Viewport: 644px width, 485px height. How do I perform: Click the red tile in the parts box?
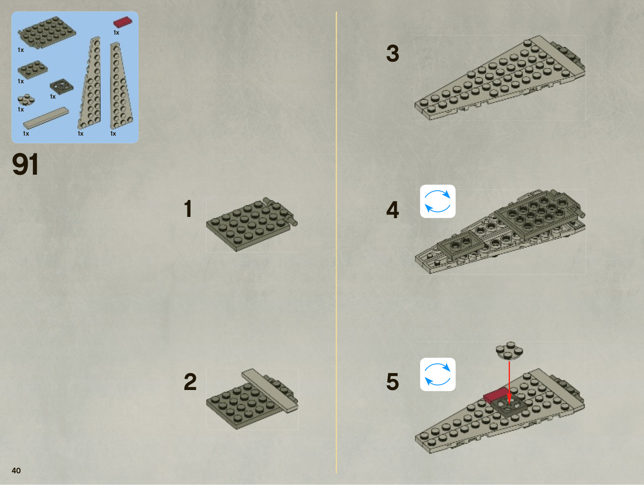pos(122,22)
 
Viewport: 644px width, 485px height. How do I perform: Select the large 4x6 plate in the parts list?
pos(47,32)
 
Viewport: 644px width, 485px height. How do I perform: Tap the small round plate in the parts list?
pos(26,99)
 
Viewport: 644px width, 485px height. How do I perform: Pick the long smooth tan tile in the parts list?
pos(45,118)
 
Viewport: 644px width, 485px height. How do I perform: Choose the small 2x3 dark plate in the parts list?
pos(32,69)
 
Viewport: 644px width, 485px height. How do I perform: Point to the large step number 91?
pos(25,164)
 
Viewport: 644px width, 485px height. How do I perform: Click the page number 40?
pos(16,471)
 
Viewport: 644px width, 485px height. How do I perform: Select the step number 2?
pos(190,382)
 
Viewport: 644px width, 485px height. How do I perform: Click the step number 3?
pos(392,53)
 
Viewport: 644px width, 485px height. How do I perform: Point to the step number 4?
pos(392,210)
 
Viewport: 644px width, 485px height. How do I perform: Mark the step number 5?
pos(392,382)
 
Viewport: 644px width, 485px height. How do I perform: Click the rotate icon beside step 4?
pos(438,201)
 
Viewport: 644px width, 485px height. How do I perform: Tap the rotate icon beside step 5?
pos(438,374)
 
